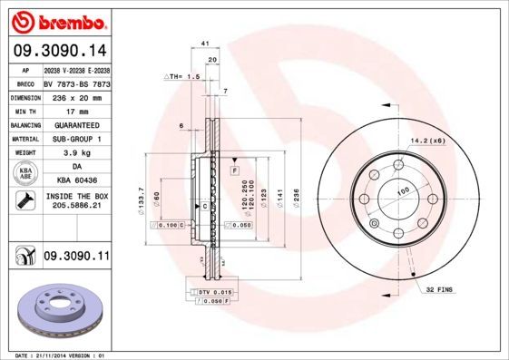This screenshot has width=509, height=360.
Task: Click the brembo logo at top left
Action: click(x=57, y=20)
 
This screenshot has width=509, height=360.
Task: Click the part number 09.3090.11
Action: click(x=76, y=258)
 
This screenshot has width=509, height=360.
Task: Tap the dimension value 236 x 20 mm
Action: click(x=76, y=95)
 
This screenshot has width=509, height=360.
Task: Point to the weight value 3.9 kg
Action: click(x=76, y=153)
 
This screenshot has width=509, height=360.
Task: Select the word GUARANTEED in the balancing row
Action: click(x=76, y=124)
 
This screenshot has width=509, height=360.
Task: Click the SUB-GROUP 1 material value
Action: click(x=76, y=139)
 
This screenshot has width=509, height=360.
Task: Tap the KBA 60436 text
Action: click(x=76, y=181)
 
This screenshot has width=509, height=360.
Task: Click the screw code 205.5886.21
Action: click(x=76, y=208)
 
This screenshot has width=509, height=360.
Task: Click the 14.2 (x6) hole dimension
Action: click(x=426, y=141)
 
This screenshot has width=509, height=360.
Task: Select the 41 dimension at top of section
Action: click(x=205, y=44)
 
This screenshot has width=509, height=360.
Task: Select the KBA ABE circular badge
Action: click(x=24, y=174)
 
